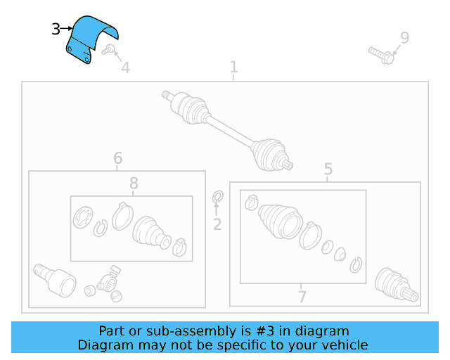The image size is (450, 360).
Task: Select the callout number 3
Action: (x=56, y=29)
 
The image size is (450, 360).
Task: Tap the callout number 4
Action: (x=126, y=67)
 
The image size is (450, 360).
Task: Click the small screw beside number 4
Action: (x=108, y=50)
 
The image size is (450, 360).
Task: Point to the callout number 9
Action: (x=405, y=37)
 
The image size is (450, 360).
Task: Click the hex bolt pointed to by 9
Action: (x=382, y=56)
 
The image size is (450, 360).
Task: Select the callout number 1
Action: (x=234, y=67)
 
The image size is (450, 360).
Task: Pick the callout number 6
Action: (x=118, y=158)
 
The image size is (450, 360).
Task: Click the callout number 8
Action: (x=134, y=183)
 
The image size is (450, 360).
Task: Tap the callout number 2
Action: (x=217, y=224)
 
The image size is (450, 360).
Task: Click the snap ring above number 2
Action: (x=218, y=197)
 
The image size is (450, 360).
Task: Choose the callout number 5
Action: (x=328, y=169)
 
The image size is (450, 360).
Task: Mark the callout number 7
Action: (x=302, y=297)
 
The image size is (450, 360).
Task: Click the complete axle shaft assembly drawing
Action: (x=226, y=130)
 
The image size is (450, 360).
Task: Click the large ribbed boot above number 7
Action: (x=280, y=221)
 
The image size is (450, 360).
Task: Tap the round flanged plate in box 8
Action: (x=83, y=217)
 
